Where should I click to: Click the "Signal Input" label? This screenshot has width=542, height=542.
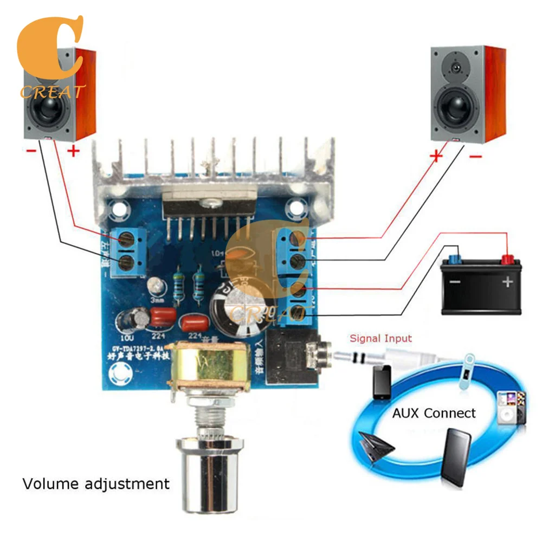(380, 339)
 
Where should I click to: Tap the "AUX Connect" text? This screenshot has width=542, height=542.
(434, 413)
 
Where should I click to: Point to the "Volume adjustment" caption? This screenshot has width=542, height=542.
(96, 483)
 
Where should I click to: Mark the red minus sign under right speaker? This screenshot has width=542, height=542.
(475, 157)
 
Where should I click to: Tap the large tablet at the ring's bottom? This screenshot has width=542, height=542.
(458, 456)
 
